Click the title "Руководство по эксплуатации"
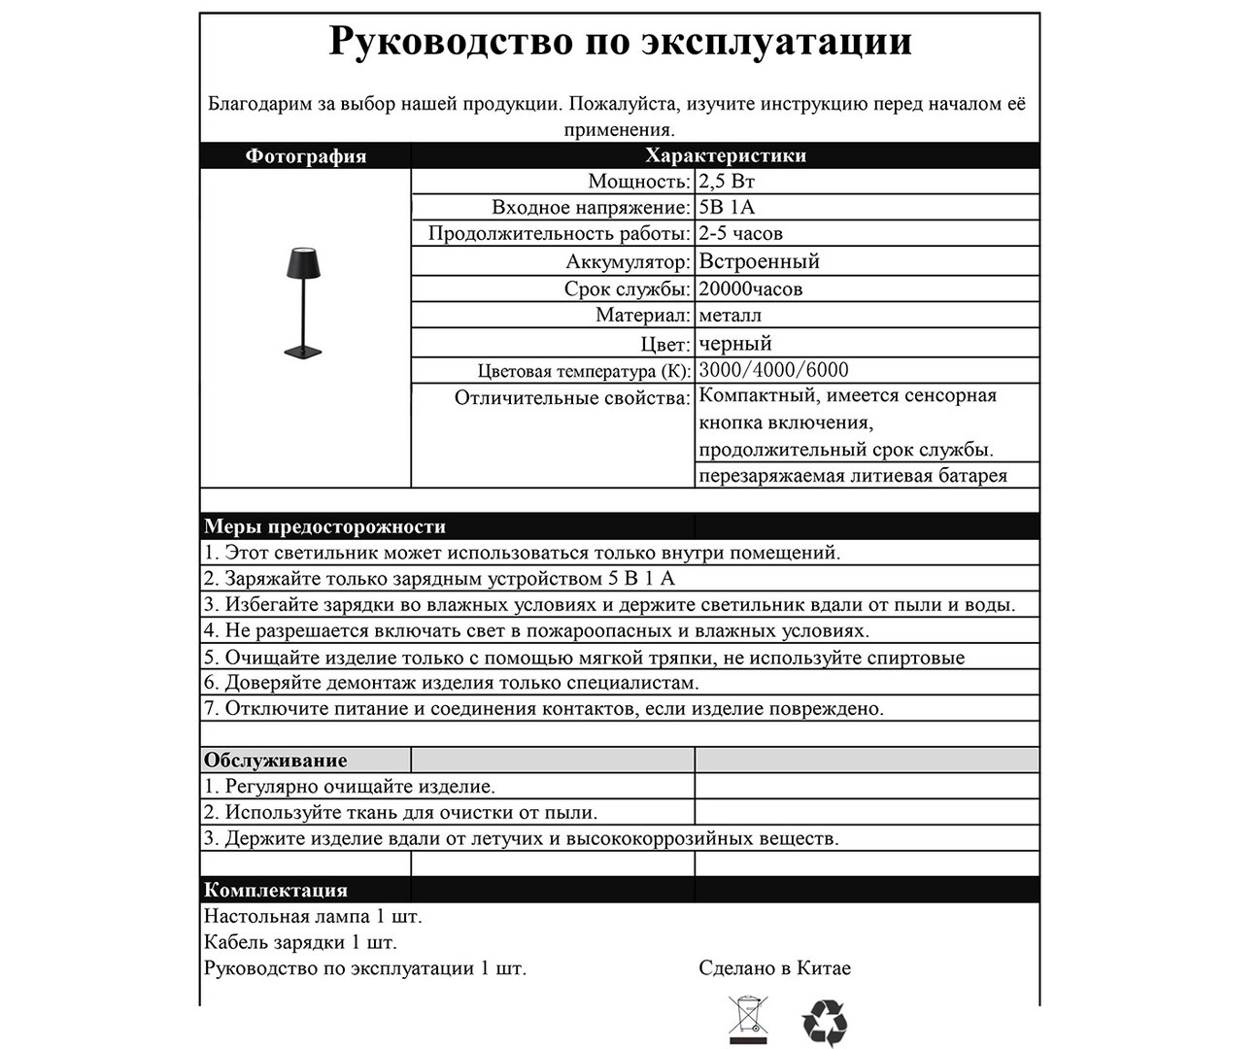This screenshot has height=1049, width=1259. point(620,42)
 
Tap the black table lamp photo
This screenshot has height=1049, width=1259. point(306,302)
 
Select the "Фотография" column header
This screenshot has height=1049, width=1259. point(305,156)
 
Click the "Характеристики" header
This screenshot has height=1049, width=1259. point(725,155)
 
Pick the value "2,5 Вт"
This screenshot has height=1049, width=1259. point(727,182)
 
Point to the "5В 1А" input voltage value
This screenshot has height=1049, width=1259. point(727,208)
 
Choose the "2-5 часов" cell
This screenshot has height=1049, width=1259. point(740,234)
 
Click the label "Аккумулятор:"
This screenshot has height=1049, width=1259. point(628,262)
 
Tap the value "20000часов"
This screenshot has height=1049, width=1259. point(751,289)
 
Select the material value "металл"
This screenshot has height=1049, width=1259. point(731,316)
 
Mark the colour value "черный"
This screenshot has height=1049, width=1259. point(735,344)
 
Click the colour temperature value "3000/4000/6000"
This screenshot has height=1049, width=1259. point(773,370)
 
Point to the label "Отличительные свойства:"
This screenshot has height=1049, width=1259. point(572,398)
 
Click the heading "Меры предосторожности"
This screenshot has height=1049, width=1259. point(324,527)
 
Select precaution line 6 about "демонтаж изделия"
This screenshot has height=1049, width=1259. point(451,683)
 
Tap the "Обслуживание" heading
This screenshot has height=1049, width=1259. point(275,761)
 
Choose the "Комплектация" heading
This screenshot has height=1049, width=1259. point(275,890)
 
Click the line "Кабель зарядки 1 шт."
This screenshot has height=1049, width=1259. point(300,942)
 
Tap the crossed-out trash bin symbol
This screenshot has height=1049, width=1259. point(747,1020)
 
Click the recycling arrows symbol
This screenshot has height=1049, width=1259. point(825,1023)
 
